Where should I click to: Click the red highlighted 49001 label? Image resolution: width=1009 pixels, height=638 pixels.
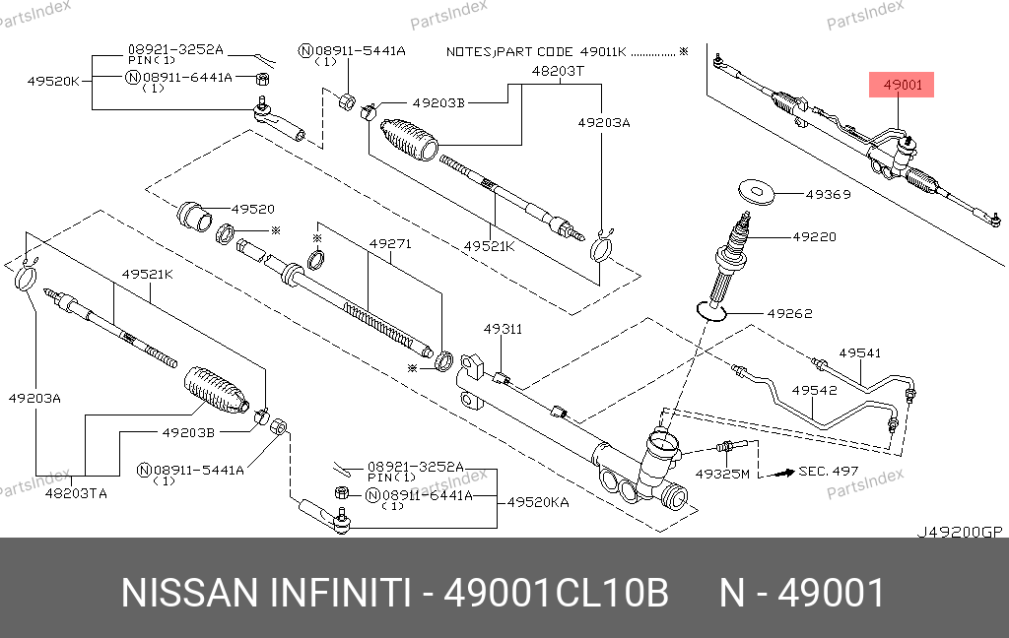pos(902,86)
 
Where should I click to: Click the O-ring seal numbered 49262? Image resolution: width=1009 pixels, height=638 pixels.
pos(712,310)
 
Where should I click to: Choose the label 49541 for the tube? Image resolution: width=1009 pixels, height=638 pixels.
pos(859,352)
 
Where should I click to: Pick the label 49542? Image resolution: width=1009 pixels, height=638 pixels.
pos(816,390)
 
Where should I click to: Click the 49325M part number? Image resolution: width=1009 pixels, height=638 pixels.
pos(722,474)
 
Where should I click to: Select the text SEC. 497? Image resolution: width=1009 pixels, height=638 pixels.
pos(829,472)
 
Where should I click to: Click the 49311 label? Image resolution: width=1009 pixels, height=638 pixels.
pos(503,329)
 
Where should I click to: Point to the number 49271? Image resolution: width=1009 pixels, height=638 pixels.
pos(389,242)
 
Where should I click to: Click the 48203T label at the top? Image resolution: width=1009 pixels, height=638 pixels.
pos(558,71)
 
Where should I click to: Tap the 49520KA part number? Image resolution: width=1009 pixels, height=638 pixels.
pos(538,502)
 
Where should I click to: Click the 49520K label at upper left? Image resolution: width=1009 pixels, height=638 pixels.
pos(52,82)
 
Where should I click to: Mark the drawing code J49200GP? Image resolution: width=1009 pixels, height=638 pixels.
pos(959,532)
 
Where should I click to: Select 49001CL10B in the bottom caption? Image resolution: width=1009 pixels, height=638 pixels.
pos(558,594)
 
